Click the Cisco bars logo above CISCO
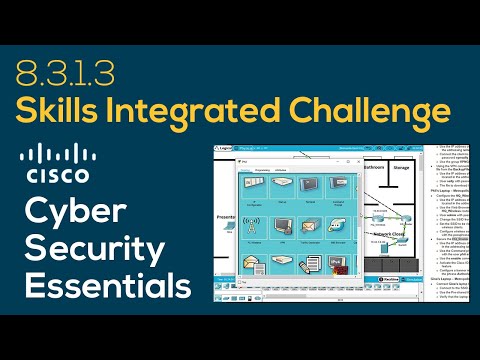[x=53, y=153]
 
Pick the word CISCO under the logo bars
[x=53, y=177]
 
